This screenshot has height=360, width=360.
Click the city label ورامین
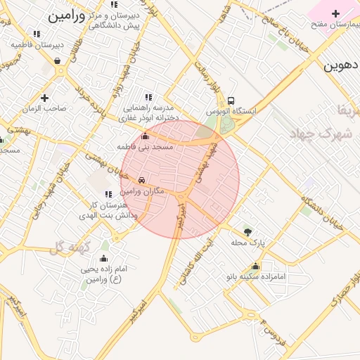click(67, 16)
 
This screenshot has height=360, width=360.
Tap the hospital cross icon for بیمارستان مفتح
click(335, 13)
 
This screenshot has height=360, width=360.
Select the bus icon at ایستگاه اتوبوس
click(231, 101)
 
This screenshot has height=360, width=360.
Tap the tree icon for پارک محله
click(247, 231)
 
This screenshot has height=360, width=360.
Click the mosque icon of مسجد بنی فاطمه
click(146, 136)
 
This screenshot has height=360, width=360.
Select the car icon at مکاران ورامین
click(142, 180)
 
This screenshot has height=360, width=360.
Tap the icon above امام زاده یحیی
click(104, 258)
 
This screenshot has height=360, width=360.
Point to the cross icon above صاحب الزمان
click(45, 98)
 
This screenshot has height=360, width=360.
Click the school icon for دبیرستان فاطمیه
click(37, 33)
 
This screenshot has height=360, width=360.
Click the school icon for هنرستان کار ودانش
click(108, 194)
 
